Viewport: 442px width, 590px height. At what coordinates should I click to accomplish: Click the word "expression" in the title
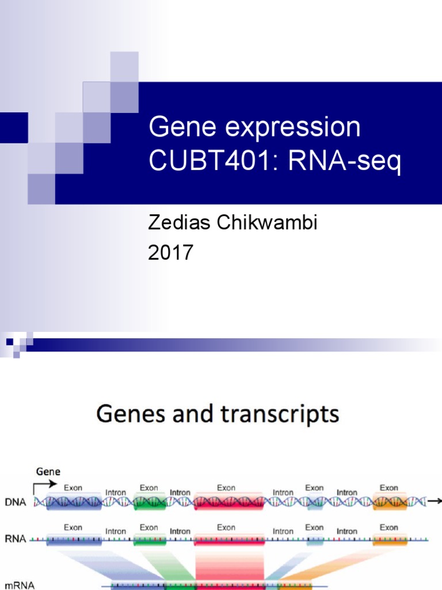click(x=293, y=127)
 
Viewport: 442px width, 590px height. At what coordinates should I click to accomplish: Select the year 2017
click(x=170, y=253)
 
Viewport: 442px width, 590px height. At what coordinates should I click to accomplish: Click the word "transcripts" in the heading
click(x=277, y=414)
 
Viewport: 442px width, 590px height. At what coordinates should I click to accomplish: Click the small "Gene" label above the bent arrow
click(x=48, y=471)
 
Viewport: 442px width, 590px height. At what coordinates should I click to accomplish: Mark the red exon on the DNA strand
click(x=229, y=502)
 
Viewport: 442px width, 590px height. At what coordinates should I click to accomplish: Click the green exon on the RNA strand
click(x=150, y=540)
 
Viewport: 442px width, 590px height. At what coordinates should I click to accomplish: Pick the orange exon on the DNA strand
click(x=390, y=502)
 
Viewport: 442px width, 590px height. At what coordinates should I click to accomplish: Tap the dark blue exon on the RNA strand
click(x=74, y=540)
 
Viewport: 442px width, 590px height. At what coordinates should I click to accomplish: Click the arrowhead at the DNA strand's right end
click(x=438, y=502)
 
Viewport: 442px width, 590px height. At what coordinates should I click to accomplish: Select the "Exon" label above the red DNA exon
click(x=226, y=487)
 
